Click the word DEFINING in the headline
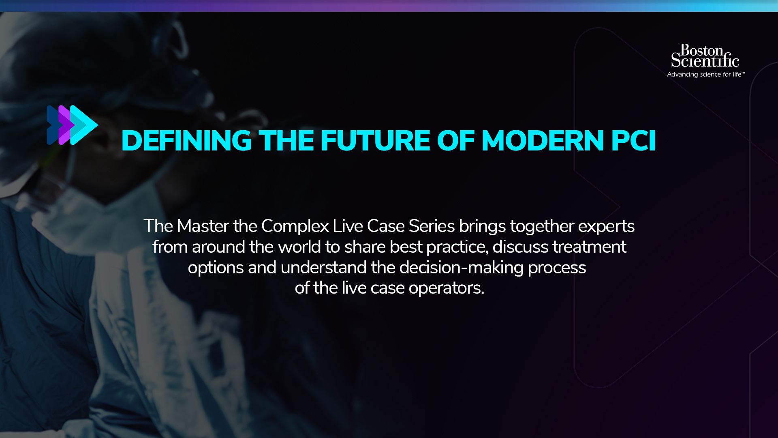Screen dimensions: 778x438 pos(186,141)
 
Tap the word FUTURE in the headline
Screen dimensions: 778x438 pos(375,141)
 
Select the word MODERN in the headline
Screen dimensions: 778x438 pos(543,141)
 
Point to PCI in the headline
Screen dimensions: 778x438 pos(633,141)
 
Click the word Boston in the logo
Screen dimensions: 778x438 pos(701,50)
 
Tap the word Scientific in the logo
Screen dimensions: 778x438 pos(705,60)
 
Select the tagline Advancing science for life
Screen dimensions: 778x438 pos(706,75)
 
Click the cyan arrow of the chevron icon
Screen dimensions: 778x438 pos(84,125)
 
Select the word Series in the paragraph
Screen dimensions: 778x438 pos(432,226)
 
